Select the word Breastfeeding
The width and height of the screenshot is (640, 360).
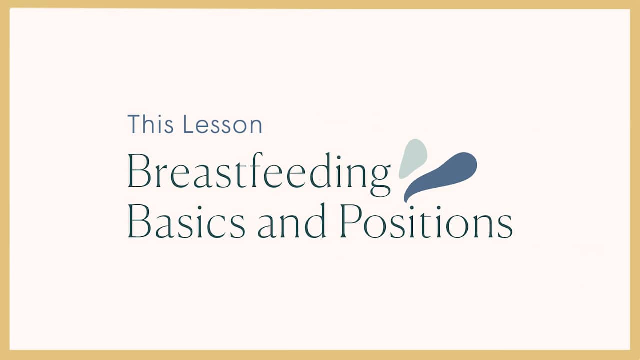259,172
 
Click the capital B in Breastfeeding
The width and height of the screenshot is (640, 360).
138,171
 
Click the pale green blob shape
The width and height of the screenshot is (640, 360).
413,158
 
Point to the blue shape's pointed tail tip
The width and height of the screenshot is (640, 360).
406,200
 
